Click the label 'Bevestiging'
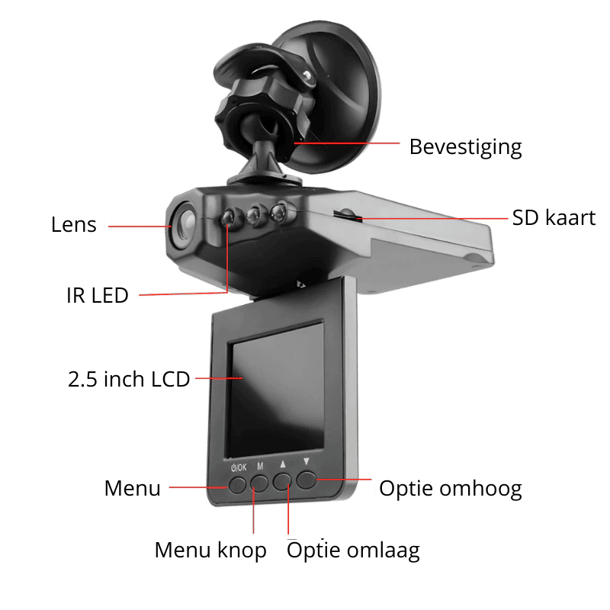pos(465,147)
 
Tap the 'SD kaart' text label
pos(554,217)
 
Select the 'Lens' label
pos(73,225)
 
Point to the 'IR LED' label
pos(98,295)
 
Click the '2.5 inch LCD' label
pos(129,379)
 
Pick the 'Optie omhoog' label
pos(451,489)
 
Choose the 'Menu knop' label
pos(210,551)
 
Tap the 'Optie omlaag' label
pos(353,551)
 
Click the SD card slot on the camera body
pos(348,214)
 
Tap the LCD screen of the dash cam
pos(275,389)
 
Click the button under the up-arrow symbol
pos(282,482)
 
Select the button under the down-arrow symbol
pos(307,480)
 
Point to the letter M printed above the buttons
pos(260,466)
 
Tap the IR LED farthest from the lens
pos(278,213)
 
